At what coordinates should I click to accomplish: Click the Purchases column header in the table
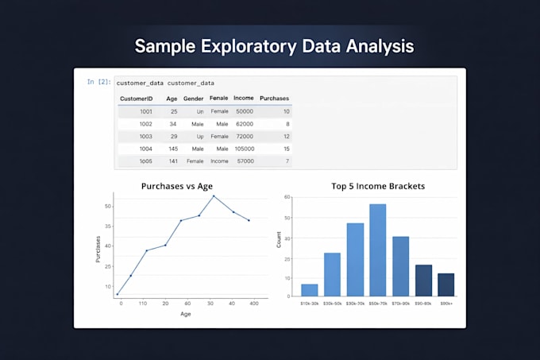275,99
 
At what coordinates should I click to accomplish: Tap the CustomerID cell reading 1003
145,137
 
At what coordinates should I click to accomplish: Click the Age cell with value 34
172,124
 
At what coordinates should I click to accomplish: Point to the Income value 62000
244,124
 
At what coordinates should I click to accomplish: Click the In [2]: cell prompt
99,82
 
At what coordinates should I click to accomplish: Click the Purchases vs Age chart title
177,187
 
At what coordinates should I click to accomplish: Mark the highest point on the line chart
214,195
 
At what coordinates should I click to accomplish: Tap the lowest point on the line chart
118,294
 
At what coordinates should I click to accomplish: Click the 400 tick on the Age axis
253,304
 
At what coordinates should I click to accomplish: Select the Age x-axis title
185,314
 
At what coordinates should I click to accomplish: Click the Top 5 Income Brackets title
377,187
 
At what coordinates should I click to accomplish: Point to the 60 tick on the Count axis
287,196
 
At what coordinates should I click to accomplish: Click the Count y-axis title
278,239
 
